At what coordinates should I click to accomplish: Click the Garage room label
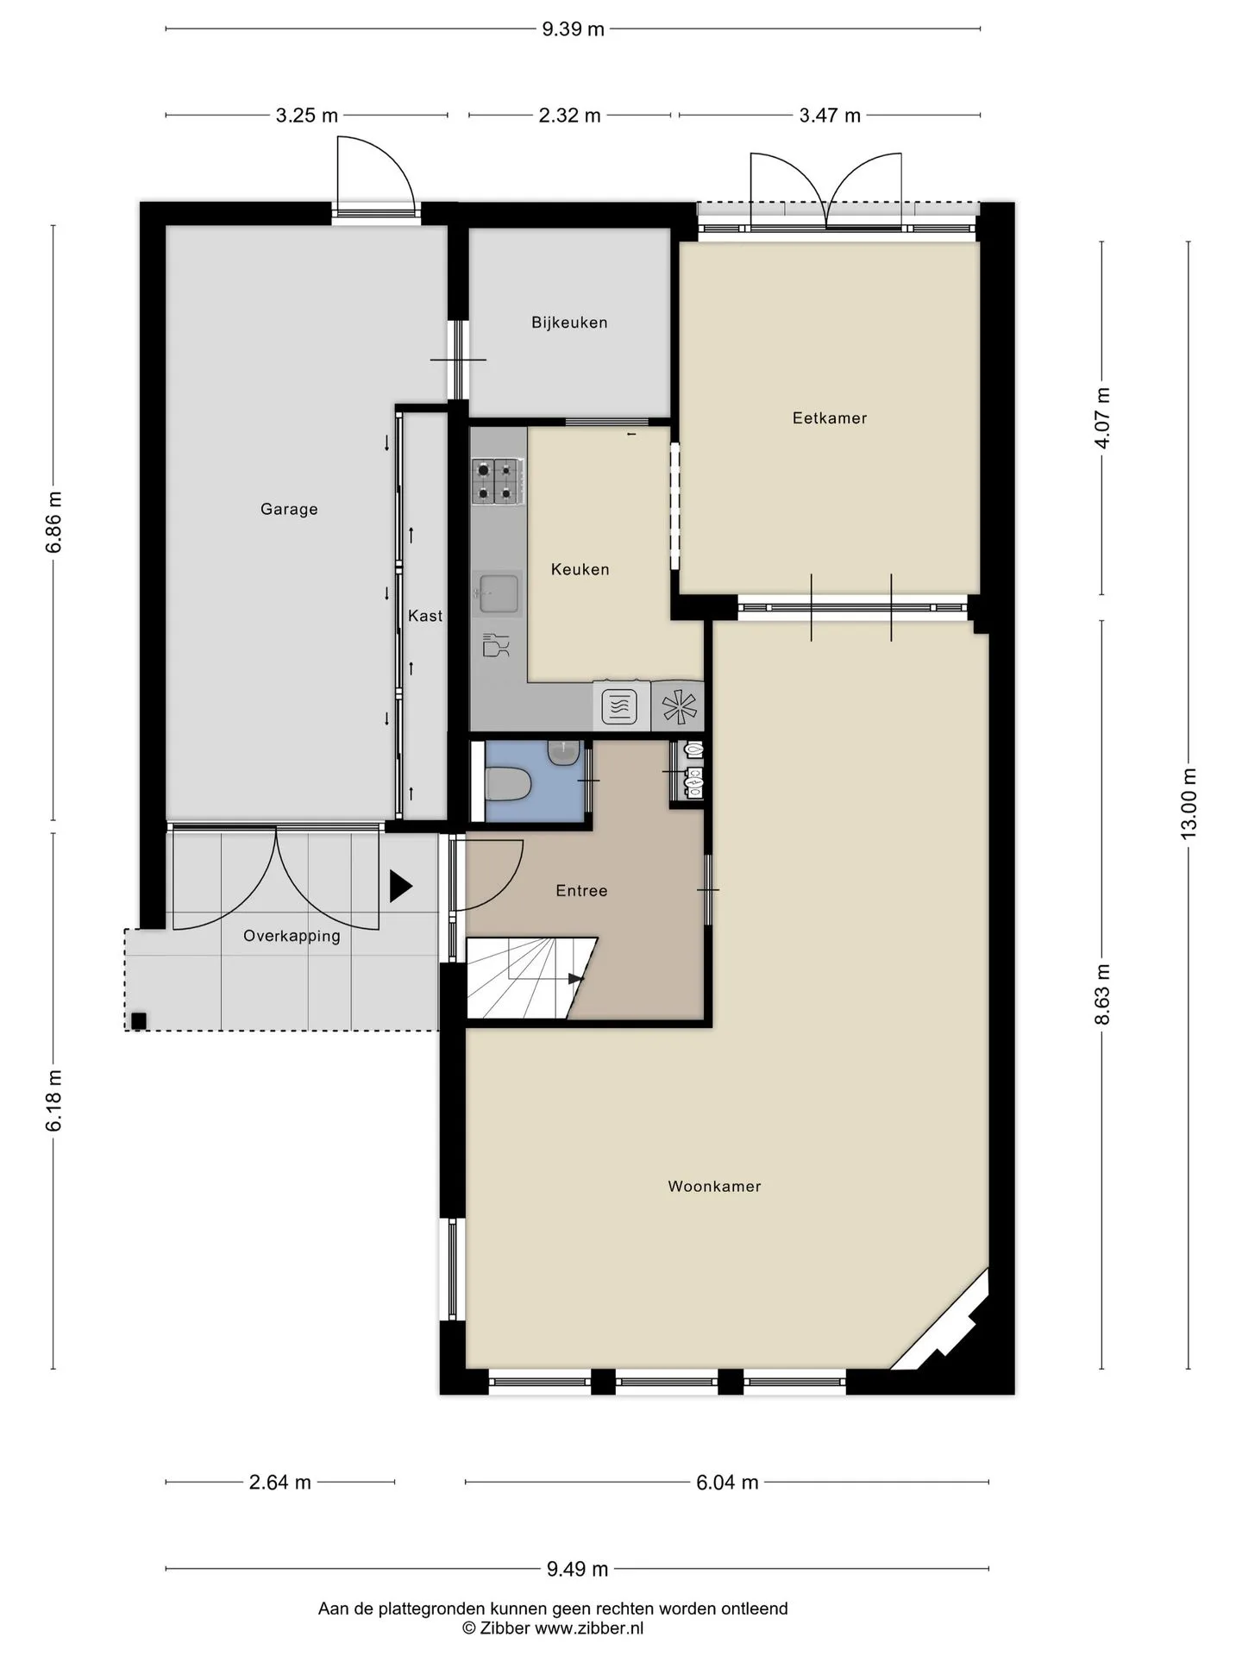click(x=289, y=510)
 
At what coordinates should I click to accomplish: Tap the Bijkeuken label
click(x=569, y=323)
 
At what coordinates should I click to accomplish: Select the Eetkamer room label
click(x=830, y=418)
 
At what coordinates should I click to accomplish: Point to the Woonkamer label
click(x=714, y=1187)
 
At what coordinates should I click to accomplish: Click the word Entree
click(x=581, y=891)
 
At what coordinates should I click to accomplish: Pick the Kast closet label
click(x=425, y=616)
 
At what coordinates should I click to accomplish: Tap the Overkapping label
click(x=292, y=936)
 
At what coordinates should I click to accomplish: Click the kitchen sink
click(x=498, y=594)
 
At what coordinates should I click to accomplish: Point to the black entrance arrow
click(x=401, y=887)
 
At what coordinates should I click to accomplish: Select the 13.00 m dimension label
click(x=1189, y=802)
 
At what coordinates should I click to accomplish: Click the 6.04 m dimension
click(x=727, y=1483)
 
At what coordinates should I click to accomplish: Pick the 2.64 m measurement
click(x=279, y=1483)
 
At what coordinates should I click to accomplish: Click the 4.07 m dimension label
click(x=1102, y=417)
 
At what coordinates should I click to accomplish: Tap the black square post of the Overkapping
click(x=138, y=1021)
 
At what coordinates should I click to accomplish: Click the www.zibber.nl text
click(x=589, y=1628)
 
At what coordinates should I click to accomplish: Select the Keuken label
click(x=580, y=569)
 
